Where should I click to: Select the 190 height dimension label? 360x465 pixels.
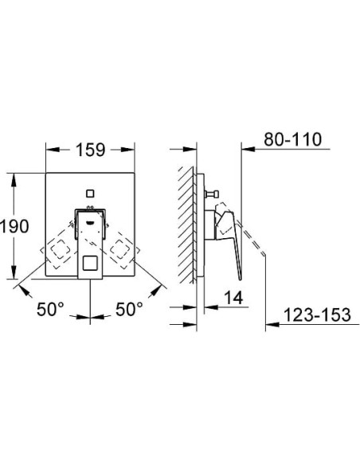pos(14,226)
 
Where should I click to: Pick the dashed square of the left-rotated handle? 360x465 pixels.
pos(58,251)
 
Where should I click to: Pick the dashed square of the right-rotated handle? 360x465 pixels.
pos(121,251)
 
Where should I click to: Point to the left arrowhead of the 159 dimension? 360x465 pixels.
pos(49,150)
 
